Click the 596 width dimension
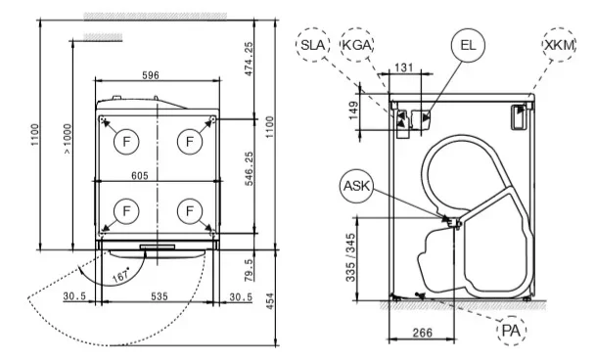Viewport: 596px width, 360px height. (151, 75)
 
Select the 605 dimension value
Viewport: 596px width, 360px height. (140, 176)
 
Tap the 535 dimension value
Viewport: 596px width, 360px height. (160, 296)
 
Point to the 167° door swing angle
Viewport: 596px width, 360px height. (121, 275)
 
